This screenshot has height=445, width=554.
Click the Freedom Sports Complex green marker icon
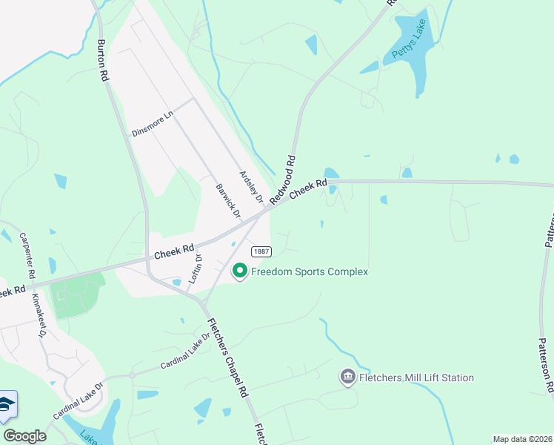(x=240, y=272)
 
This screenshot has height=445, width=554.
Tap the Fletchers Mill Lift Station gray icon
(x=347, y=378)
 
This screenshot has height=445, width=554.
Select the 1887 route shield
(x=260, y=252)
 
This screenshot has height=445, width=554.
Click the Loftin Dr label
(x=198, y=268)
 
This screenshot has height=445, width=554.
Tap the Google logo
(x=24, y=436)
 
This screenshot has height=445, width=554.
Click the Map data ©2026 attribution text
(x=522, y=439)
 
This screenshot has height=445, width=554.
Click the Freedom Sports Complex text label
(x=310, y=272)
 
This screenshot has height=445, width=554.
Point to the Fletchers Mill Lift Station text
(x=416, y=378)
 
